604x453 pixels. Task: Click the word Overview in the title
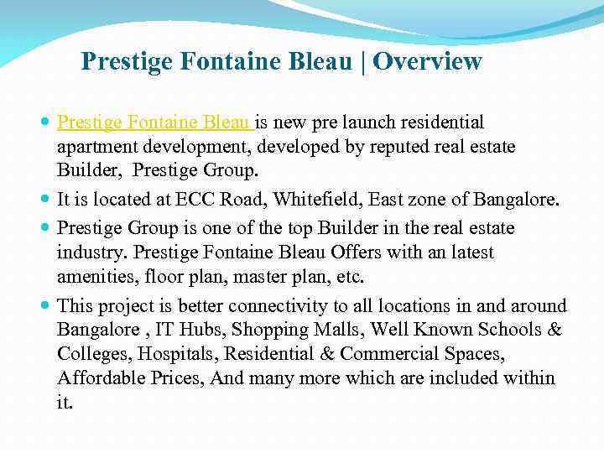428,62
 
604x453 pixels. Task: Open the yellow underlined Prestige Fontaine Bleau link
155,123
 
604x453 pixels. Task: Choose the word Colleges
92,354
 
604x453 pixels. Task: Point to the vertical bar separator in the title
363,62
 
